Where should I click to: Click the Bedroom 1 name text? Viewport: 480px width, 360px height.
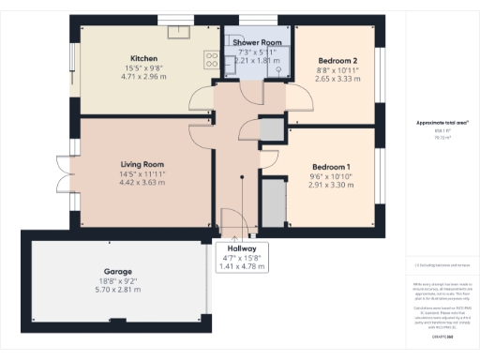point(331,166)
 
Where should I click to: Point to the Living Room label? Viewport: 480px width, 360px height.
point(143,163)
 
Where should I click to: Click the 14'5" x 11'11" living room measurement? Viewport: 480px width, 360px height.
point(143,174)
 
